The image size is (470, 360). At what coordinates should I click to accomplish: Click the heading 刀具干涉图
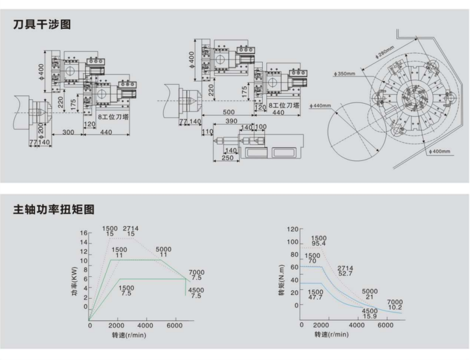[x=42, y=24]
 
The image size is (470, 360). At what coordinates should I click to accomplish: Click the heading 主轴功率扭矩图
[x=54, y=209]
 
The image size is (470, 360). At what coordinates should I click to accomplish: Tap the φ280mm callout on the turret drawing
[x=385, y=51]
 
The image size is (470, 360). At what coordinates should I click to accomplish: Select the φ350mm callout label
[x=344, y=73]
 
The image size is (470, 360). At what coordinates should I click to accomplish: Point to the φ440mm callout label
[x=320, y=105]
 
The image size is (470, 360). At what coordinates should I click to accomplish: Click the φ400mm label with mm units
[x=439, y=151]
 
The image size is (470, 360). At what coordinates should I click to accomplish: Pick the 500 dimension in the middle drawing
[x=228, y=112]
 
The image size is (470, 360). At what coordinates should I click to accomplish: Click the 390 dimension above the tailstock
[x=231, y=121]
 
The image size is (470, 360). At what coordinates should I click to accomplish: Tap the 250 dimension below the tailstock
[x=227, y=158]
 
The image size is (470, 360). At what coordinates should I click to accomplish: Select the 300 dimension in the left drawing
[x=68, y=132]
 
